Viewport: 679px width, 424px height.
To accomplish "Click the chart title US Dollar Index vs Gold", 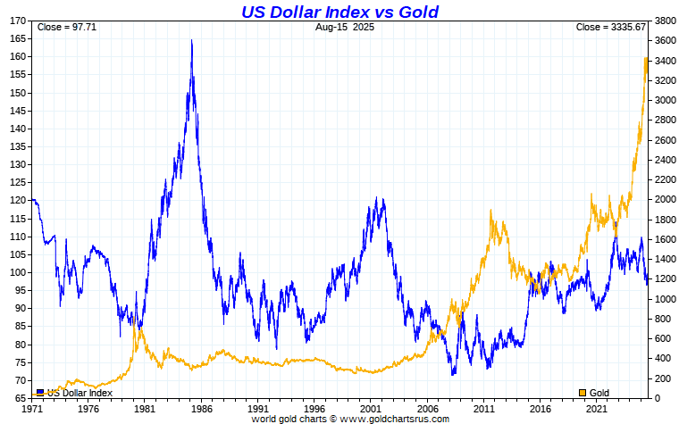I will [339, 11].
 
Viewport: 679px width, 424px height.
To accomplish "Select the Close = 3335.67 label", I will [611, 27].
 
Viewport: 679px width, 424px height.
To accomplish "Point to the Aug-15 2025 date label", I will [344, 27].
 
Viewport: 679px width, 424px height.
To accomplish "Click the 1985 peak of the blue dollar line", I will [191, 41].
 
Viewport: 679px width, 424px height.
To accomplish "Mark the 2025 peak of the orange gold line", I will [646, 59].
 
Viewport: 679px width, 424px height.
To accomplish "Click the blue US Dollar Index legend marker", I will [40, 392].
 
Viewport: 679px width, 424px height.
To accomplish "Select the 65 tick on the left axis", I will [21, 398].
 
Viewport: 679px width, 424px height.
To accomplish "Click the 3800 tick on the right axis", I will [665, 21].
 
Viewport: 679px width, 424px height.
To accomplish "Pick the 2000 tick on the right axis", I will [665, 199].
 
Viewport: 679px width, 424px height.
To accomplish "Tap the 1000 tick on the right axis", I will [665, 299].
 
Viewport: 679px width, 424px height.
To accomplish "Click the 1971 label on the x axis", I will [34, 409].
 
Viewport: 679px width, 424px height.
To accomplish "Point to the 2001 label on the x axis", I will [370, 409].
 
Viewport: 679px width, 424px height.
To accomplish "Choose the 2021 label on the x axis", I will [593, 409].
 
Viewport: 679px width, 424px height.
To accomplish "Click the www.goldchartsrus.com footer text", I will [392, 419].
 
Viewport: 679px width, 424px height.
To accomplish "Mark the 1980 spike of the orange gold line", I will [135, 318].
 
